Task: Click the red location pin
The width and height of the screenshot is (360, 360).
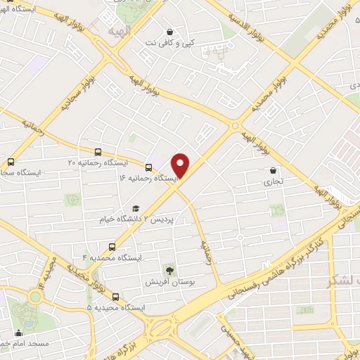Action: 181,165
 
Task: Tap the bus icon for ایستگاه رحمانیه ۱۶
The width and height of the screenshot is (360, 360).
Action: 148,167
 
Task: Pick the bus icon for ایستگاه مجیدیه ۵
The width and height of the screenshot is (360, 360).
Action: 116,296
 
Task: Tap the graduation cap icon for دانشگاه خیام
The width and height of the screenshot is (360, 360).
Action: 135,208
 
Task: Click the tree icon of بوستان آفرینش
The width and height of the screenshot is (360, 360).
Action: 169,269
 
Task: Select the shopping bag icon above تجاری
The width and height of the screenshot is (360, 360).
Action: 273,170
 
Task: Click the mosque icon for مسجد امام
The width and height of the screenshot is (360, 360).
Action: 18,333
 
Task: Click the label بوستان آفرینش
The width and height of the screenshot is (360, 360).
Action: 164,282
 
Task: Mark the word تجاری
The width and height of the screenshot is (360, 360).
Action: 273,181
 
